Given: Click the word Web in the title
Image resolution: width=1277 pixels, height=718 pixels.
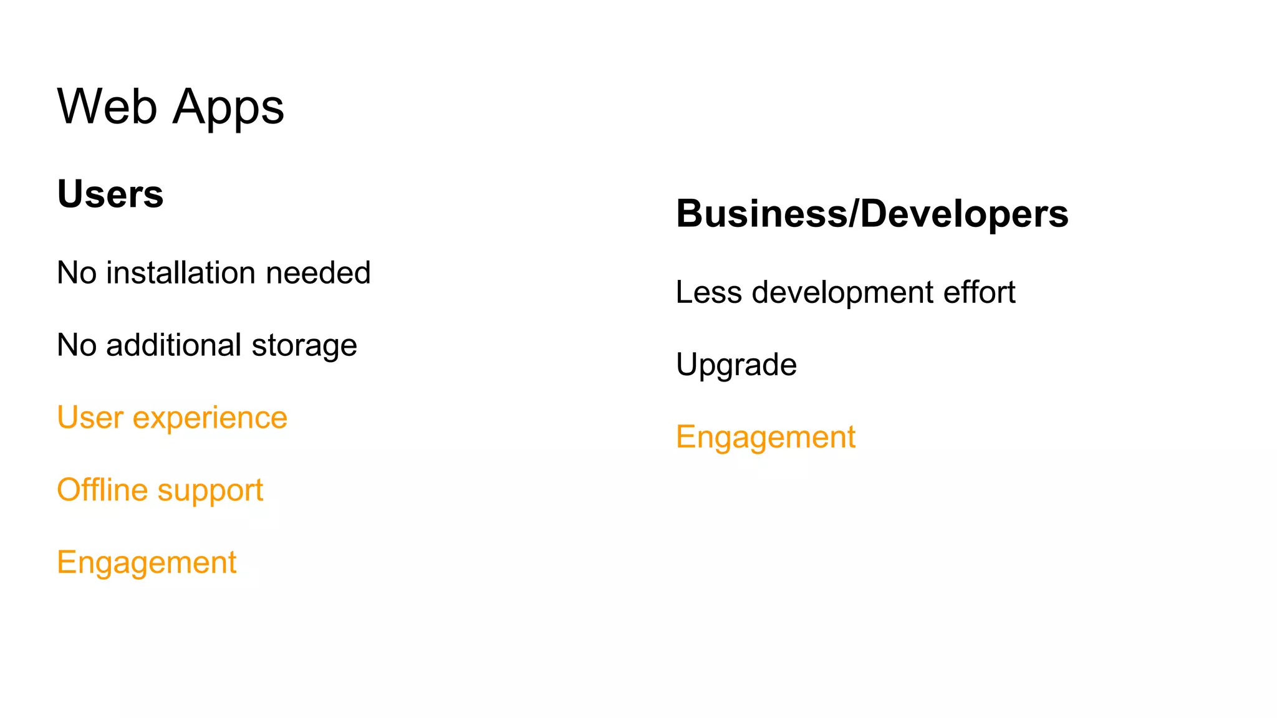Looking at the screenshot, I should pyautogui.click(x=107, y=107).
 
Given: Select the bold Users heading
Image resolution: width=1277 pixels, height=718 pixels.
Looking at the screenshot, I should pyautogui.click(x=110, y=194).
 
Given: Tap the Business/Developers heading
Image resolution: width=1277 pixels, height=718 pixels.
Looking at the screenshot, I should pyautogui.click(x=872, y=214).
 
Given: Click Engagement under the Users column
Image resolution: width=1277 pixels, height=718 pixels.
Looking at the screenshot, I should pyautogui.click(x=147, y=563).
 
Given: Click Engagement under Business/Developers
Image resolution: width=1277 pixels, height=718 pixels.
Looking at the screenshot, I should pyautogui.click(x=765, y=438).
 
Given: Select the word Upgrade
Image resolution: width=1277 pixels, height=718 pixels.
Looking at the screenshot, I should pyautogui.click(x=736, y=366).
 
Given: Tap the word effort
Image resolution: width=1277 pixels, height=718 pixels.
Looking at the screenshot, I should pyautogui.click(x=979, y=292).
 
